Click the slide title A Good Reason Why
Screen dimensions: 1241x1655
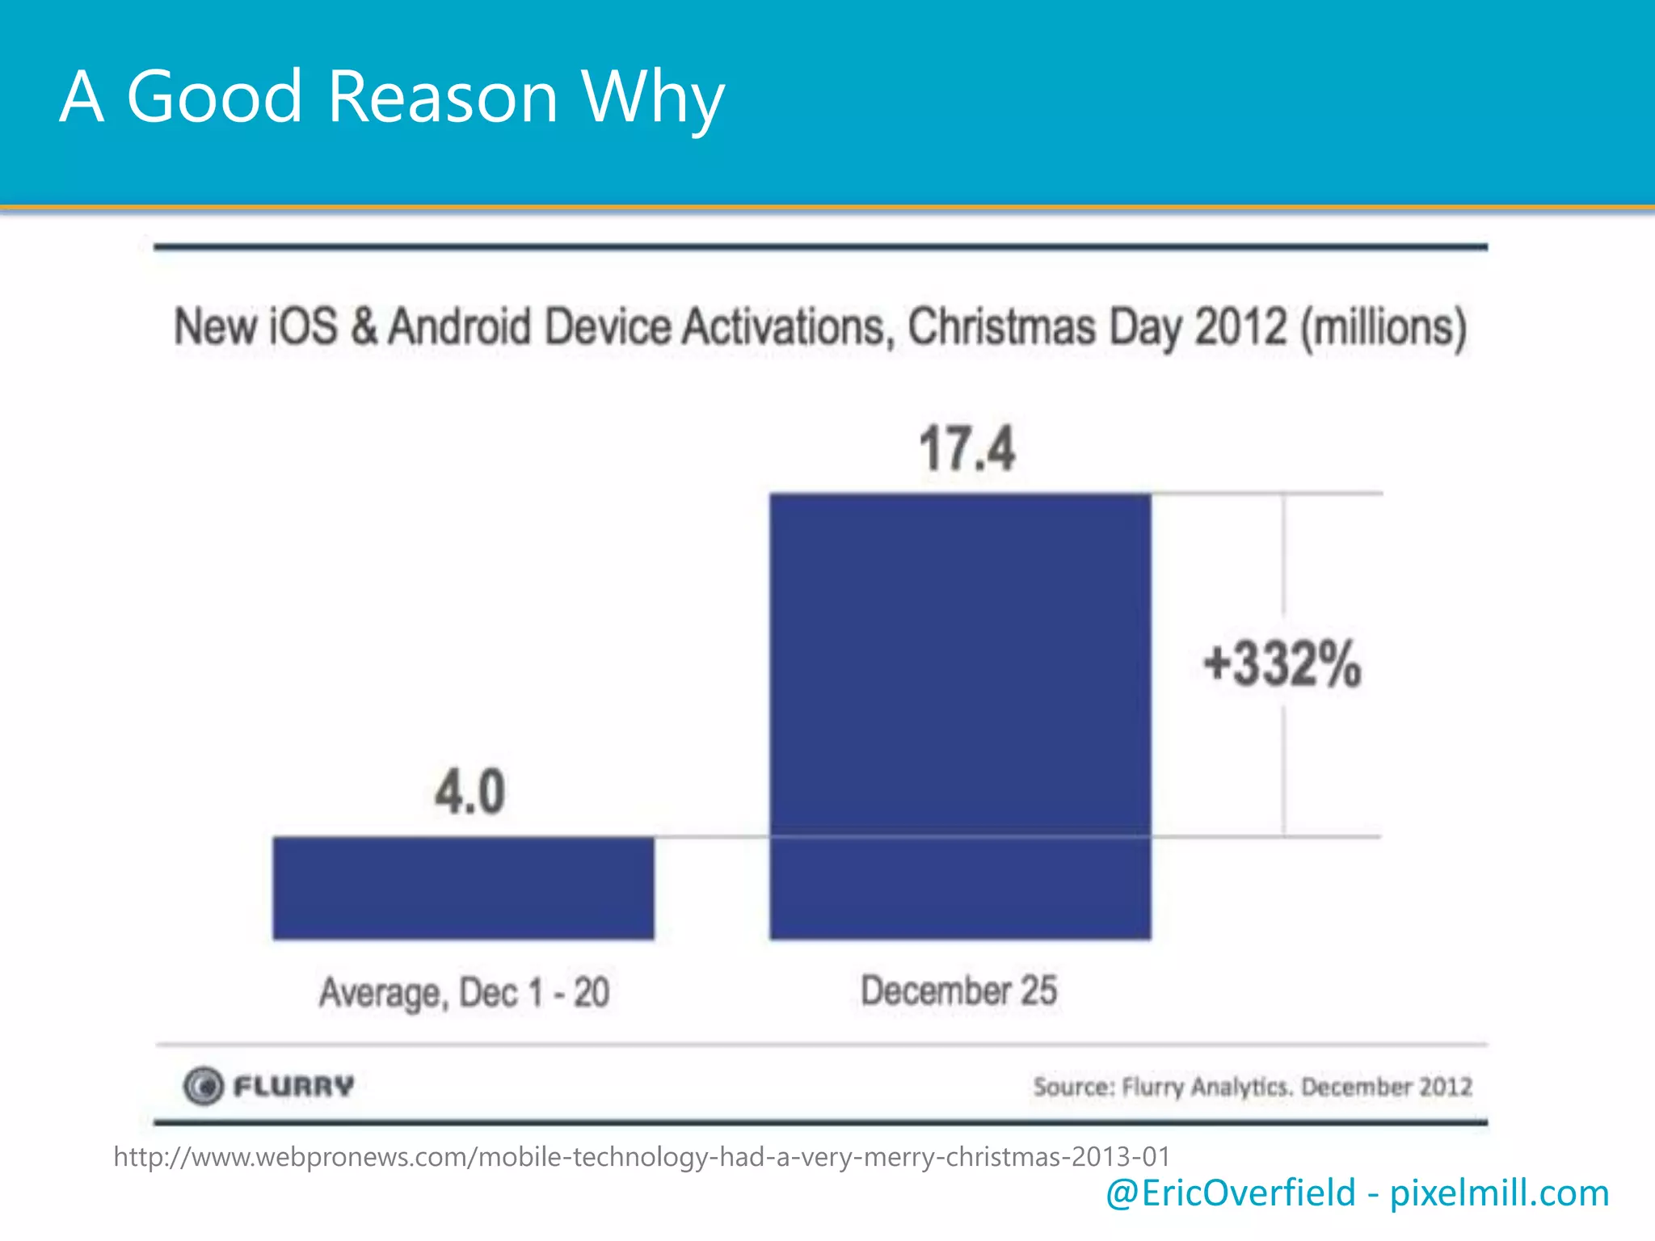[x=392, y=97]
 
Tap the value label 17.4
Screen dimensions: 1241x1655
[x=966, y=449]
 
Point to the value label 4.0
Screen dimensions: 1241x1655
[x=470, y=792]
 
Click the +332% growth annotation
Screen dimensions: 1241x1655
[x=1282, y=664]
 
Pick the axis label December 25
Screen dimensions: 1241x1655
[x=958, y=991]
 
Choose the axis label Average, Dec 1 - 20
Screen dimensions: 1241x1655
[x=464, y=992]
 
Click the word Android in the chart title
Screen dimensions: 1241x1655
[x=460, y=327]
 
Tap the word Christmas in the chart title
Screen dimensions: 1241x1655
[x=1001, y=327]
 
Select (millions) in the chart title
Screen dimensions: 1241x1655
[x=1383, y=327]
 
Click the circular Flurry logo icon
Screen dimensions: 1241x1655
[x=202, y=1086]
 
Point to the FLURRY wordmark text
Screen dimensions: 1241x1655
[x=294, y=1086]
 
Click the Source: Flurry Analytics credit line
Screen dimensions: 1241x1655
[x=1252, y=1087]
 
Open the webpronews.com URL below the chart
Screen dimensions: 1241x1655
[x=642, y=1157]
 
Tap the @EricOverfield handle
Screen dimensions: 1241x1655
[x=1230, y=1193]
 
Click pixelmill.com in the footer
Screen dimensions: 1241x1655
[x=1499, y=1193]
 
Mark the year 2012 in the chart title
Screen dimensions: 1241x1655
[x=1240, y=327]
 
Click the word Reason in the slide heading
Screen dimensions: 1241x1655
[x=443, y=97]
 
